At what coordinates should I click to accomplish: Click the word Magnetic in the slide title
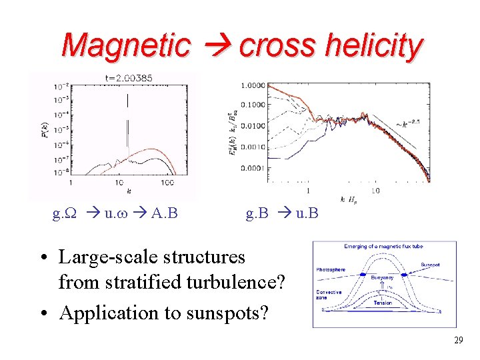pos(125,45)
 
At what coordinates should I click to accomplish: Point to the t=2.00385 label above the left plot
pos(129,78)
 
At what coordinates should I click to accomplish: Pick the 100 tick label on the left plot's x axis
pos(167,183)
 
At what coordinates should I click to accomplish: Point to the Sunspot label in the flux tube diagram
pos(431,265)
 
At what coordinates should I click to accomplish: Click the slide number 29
pos(458,341)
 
